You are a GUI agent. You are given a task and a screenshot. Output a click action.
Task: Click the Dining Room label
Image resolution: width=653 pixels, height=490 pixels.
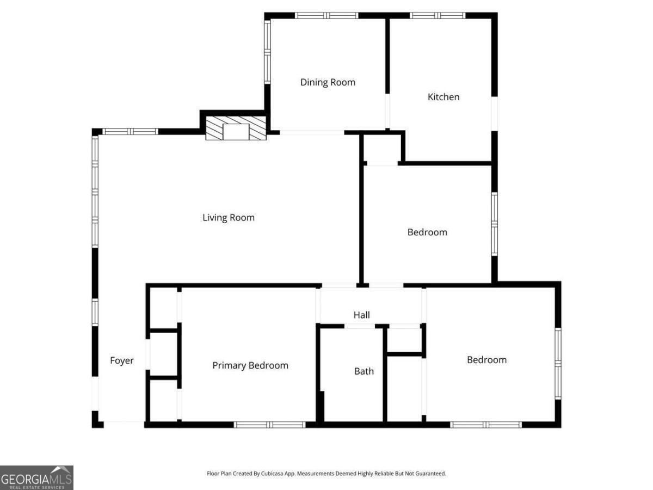coord(328,82)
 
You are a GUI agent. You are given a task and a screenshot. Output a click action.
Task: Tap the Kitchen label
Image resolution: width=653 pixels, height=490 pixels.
coord(443,97)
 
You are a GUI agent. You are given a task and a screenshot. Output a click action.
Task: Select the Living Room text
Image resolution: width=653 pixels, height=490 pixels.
coord(229,218)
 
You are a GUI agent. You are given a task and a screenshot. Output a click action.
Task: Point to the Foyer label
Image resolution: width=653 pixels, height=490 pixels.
coord(122,360)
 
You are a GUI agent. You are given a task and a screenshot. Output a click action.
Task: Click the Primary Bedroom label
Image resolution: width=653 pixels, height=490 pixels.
coord(250,365)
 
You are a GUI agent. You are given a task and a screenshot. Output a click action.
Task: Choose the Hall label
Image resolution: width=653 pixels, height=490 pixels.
coord(362,315)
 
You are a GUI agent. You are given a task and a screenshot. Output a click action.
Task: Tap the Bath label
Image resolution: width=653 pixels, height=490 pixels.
coord(364,371)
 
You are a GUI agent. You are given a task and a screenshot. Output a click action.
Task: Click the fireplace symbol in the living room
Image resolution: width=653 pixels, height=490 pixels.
coord(236,129)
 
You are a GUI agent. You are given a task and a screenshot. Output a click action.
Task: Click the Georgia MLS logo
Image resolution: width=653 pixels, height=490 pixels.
coord(36,477)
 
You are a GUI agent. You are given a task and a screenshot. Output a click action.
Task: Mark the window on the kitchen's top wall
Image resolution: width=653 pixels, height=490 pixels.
coord(438,15)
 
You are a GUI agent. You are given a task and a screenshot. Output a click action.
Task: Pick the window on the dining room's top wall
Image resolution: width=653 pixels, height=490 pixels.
coord(326,15)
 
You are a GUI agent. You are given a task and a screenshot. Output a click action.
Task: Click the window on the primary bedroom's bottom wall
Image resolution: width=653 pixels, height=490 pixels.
coord(270,425)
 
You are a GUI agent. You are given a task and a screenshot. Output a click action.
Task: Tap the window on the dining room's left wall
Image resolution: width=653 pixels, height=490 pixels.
coord(267,52)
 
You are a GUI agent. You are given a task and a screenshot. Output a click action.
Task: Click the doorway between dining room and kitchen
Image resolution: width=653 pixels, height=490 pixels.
coord(387,112)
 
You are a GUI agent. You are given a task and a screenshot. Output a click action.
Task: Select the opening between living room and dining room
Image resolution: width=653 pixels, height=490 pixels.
coord(312,132)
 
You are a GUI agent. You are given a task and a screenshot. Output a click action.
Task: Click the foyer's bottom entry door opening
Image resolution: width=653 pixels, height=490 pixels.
coord(124,424)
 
